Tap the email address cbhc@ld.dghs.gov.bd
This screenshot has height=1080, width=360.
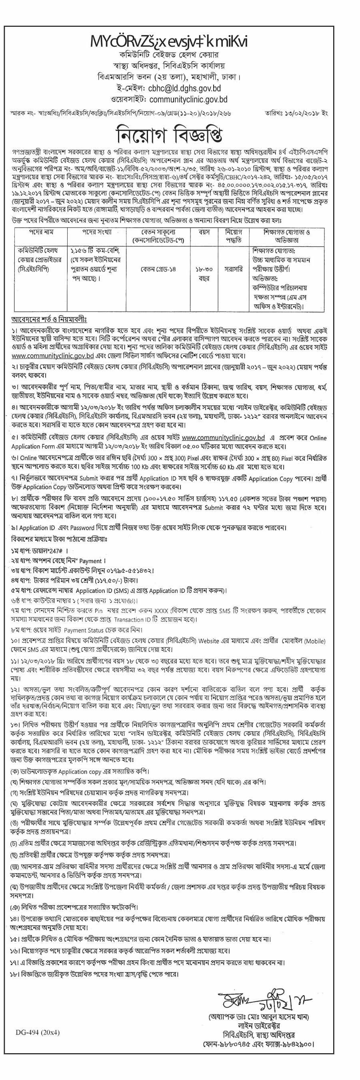(x=184, y=88)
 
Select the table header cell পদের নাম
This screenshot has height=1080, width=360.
(x=41, y=232)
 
